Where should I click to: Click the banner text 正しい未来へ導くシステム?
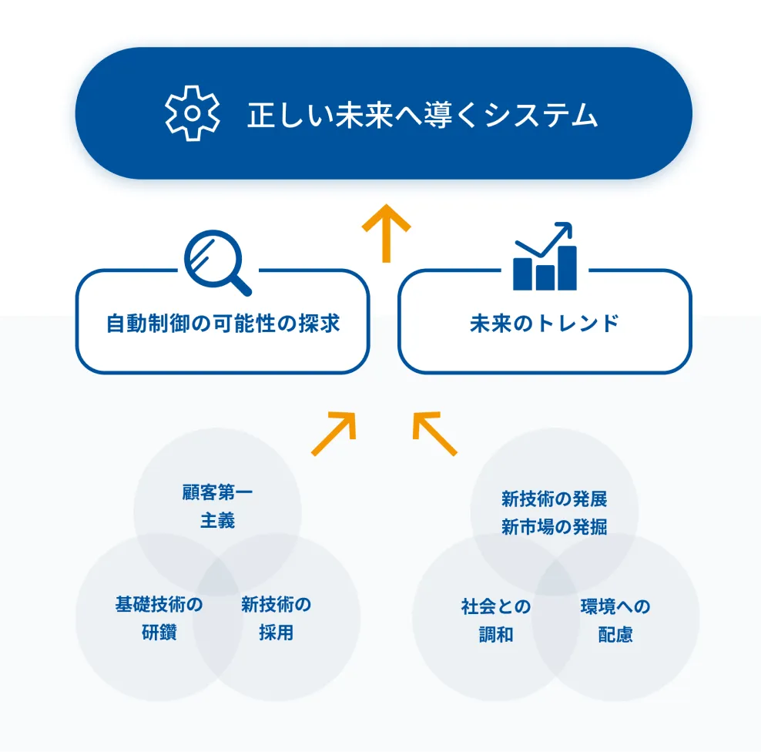422,115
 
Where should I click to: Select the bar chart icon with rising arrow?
545,257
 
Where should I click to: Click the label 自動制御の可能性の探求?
223,323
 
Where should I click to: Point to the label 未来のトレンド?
544,323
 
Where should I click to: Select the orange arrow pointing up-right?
334,434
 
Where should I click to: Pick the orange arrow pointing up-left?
434,434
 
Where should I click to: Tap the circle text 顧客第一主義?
217,506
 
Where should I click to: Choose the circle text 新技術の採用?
276,619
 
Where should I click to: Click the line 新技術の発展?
554,499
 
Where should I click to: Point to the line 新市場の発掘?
554,528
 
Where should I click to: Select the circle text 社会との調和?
495,620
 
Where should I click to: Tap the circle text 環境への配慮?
615,620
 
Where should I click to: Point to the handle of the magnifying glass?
240,284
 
